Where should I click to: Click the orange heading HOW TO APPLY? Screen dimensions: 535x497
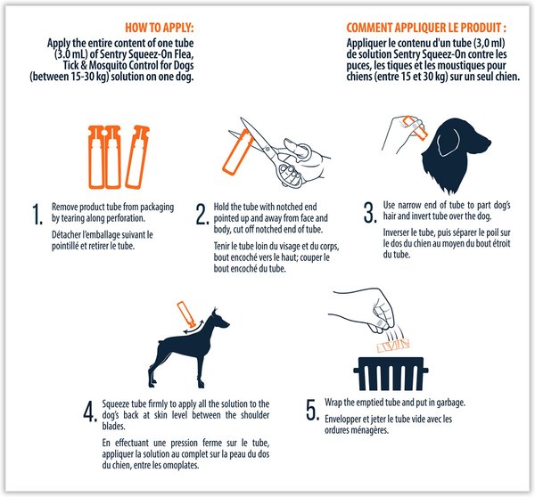[160, 28]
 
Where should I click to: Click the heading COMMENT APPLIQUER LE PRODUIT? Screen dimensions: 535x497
[426, 28]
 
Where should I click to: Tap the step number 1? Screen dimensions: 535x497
[37, 215]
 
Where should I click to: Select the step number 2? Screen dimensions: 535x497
[202, 215]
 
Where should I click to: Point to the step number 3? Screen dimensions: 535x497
[370, 213]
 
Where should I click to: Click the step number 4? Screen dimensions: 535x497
[90, 411]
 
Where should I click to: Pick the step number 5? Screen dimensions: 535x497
[313, 410]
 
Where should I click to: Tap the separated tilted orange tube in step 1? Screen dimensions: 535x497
[137, 157]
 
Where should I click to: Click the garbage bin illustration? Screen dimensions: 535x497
[391, 374]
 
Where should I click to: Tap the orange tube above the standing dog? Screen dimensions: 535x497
[186, 314]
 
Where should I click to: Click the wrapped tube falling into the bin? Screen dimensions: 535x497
[393, 346]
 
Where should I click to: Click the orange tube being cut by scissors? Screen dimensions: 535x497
[238, 152]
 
